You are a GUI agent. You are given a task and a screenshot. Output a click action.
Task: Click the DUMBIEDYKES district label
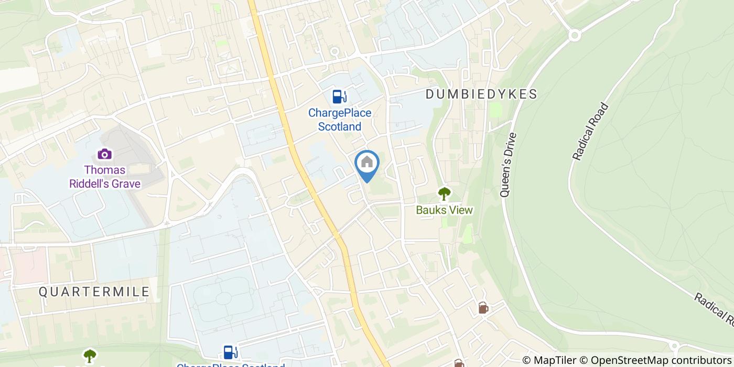[x=481, y=94]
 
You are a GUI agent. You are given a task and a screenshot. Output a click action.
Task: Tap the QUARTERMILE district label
[x=94, y=292]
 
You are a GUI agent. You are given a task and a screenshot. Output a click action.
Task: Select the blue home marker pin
[x=367, y=165]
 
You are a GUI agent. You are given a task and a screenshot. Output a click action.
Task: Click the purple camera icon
[x=105, y=154]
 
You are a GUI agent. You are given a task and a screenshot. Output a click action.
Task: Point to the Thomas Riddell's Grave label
[x=105, y=177]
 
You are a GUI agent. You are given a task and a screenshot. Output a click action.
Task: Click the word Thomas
[x=105, y=170]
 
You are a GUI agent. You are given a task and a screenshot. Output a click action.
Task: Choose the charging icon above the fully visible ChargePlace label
[x=339, y=96]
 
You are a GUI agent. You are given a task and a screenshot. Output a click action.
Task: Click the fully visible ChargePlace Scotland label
[x=340, y=120]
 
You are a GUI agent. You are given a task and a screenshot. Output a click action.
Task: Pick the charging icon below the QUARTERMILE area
[x=229, y=352]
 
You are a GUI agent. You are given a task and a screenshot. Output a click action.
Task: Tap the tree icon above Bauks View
[x=444, y=193]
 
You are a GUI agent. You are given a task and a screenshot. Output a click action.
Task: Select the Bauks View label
[x=444, y=210]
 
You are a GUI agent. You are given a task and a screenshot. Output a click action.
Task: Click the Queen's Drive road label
[x=508, y=165]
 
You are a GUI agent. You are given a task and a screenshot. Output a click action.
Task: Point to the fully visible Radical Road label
[x=590, y=132]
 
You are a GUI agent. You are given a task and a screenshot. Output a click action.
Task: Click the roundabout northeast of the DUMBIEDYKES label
[x=575, y=35]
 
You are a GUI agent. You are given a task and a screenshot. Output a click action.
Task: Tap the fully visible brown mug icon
[x=483, y=308]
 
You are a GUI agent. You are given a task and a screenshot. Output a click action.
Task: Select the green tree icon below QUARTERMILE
[x=90, y=355]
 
